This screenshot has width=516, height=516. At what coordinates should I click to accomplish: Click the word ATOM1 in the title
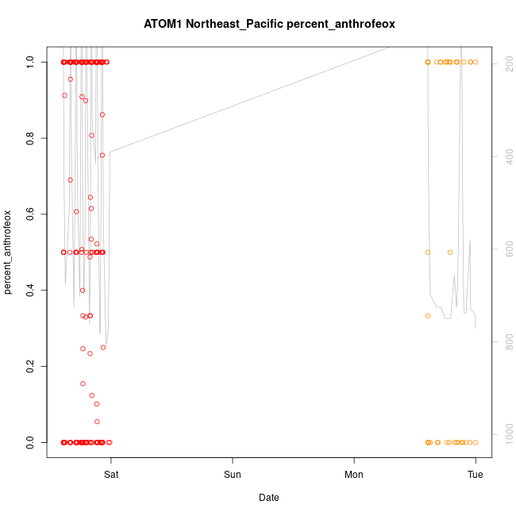(x=163, y=25)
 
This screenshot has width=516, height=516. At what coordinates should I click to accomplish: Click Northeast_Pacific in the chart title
(x=233, y=25)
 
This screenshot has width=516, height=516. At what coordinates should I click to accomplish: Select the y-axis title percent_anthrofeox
(x=9, y=252)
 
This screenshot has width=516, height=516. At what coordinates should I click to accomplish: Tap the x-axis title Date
(x=269, y=498)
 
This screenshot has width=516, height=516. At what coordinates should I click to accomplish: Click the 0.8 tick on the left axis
(x=30, y=138)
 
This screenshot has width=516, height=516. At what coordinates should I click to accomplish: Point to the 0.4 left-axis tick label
(x=30, y=291)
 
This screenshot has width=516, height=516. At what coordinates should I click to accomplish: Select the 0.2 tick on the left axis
(x=30, y=367)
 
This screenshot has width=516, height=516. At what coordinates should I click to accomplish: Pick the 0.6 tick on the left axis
(x=30, y=214)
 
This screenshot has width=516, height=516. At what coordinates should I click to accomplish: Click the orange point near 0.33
(x=428, y=315)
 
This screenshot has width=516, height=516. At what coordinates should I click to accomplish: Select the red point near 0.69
(x=70, y=180)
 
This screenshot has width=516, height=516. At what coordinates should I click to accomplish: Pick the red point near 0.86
(x=102, y=114)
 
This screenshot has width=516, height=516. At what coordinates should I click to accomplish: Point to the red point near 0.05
(x=97, y=422)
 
